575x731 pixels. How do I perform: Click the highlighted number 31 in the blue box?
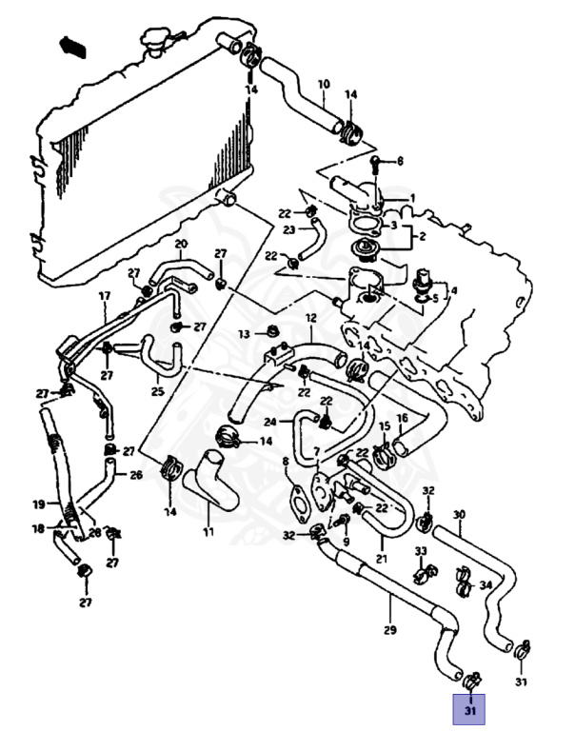[x=470, y=709]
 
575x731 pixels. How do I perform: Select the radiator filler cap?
[x=156, y=43]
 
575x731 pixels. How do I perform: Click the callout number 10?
[x=323, y=84]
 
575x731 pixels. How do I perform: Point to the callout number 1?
[x=412, y=198]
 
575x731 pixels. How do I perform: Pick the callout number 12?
[x=310, y=318]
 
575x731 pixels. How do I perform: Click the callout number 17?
[x=105, y=297]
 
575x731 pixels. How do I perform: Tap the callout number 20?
[x=181, y=245]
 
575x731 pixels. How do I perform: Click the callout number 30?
[x=459, y=515]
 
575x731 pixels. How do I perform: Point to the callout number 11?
[x=208, y=532]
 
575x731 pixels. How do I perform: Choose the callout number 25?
[x=157, y=390]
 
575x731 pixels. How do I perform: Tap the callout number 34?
[x=486, y=584]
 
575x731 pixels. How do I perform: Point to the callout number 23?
[x=287, y=228]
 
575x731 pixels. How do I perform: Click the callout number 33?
[x=420, y=551]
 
